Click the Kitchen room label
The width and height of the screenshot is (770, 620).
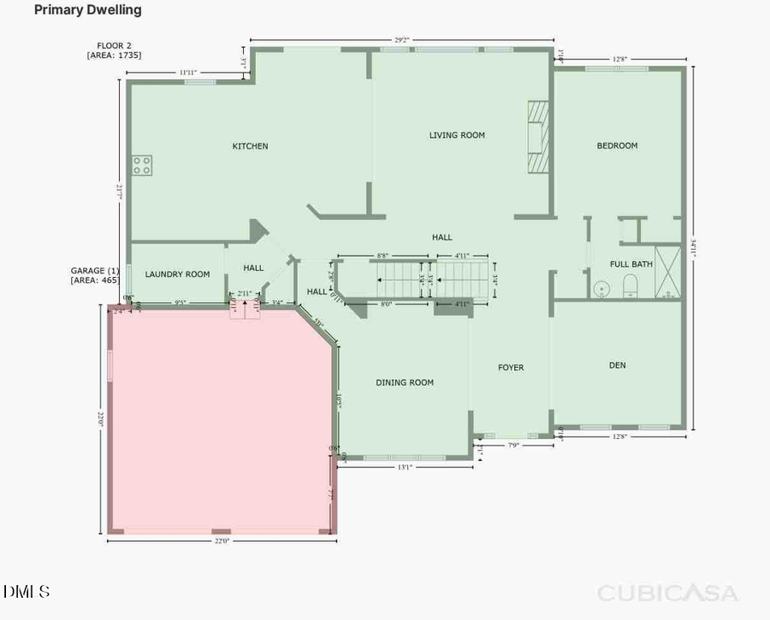250,146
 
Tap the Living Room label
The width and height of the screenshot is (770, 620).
457,135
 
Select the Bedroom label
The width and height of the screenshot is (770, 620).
617,146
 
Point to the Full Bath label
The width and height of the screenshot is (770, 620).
631,264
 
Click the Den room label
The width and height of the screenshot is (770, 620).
617,365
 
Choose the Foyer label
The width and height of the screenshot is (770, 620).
511,368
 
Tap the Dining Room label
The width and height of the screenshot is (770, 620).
405,382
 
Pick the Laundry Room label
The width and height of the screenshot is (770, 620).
177,275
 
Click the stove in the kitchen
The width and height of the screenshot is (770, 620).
142,165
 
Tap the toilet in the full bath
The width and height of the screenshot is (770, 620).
631,286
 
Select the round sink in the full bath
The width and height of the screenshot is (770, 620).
602,288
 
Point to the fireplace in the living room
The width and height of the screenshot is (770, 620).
537,138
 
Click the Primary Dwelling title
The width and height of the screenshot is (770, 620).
87,10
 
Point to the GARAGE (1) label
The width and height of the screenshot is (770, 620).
94,270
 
